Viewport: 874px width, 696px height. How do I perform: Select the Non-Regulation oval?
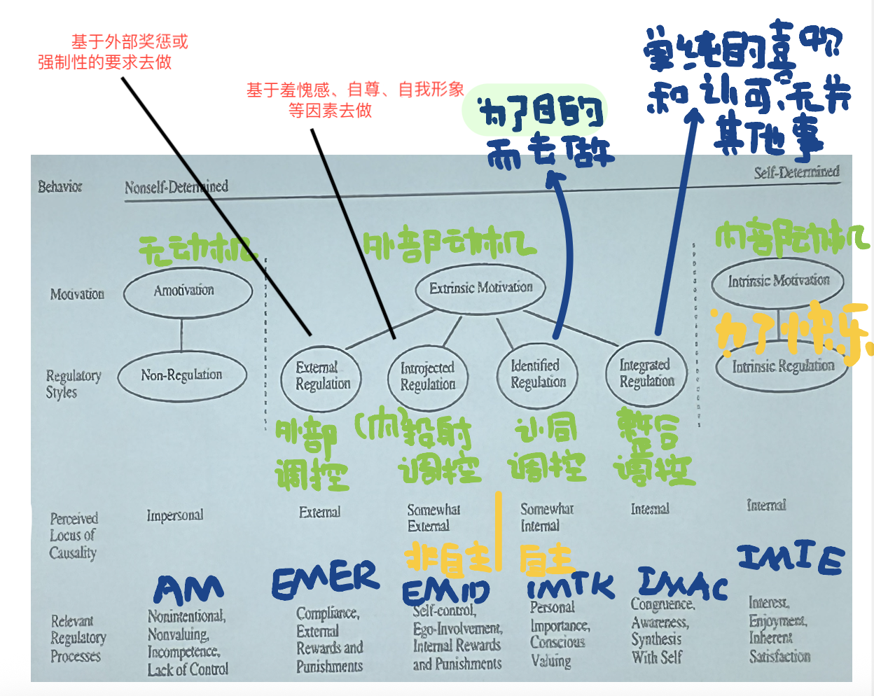(x=182, y=376)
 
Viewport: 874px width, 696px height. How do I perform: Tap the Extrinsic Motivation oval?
(x=480, y=288)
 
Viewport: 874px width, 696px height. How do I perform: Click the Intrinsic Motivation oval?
(x=777, y=282)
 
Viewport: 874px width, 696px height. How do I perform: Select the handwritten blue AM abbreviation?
(x=188, y=590)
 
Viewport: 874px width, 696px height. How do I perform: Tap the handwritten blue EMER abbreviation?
(x=325, y=580)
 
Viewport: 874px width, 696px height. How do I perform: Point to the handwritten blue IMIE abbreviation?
(x=791, y=558)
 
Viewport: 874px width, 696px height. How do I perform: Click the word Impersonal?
(x=175, y=515)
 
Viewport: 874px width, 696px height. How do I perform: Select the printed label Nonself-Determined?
(x=176, y=187)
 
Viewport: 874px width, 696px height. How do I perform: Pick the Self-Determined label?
(x=796, y=172)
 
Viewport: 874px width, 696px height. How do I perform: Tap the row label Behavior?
(x=60, y=187)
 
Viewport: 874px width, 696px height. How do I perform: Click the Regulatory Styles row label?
(x=73, y=384)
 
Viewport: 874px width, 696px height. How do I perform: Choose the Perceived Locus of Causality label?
(x=73, y=536)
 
